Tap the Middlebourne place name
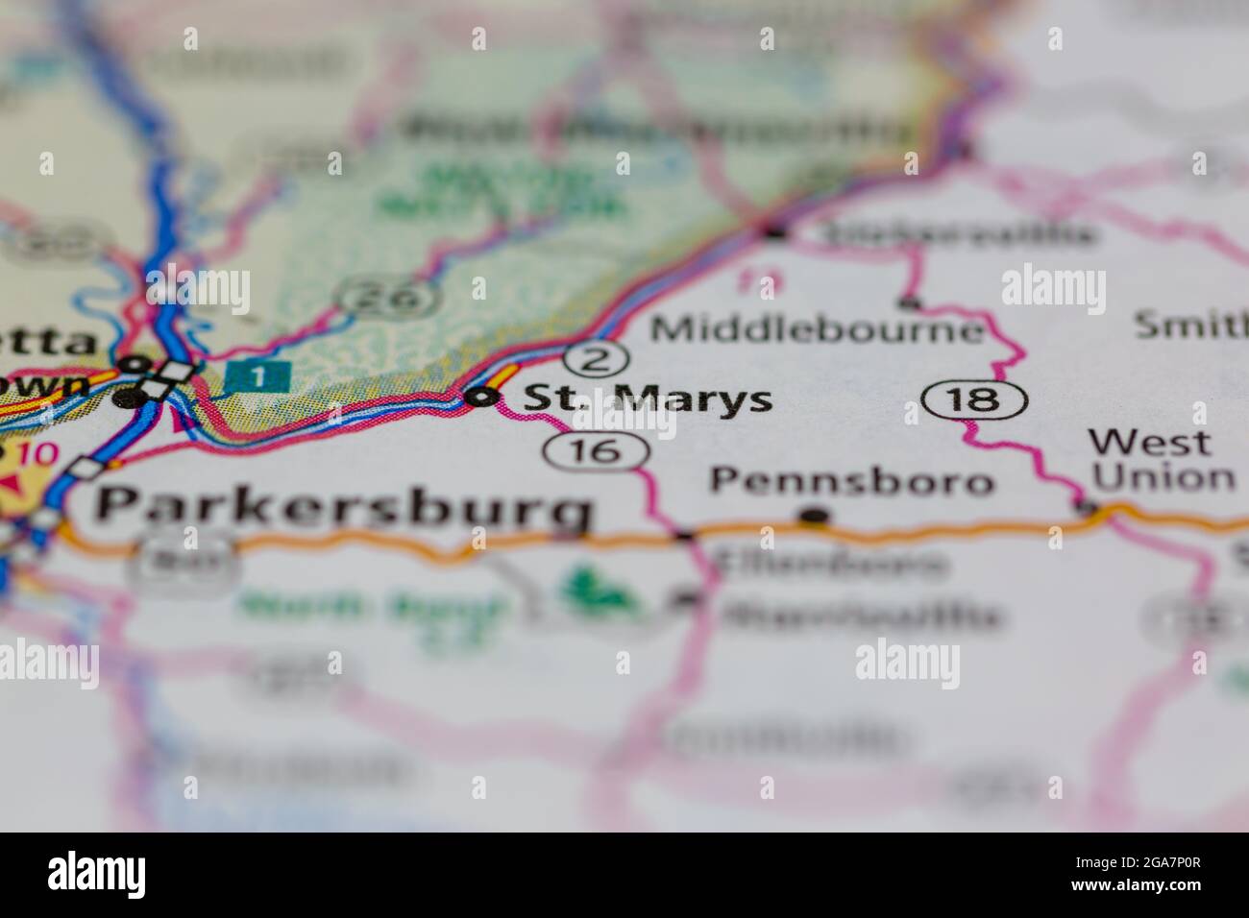click(x=818, y=329)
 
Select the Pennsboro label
click(x=851, y=481)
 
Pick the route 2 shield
click(x=597, y=359)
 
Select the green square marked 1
click(x=257, y=375)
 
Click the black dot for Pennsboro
click(x=815, y=517)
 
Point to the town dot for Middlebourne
click(x=909, y=304)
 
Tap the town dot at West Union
click(x=1087, y=506)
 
